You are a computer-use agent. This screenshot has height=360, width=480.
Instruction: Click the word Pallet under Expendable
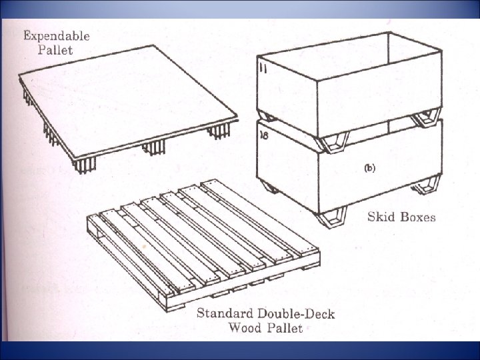tap(55, 50)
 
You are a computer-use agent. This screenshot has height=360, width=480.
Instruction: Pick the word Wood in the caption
tap(245, 327)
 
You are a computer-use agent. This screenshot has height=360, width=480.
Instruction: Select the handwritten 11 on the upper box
tap(264, 68)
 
